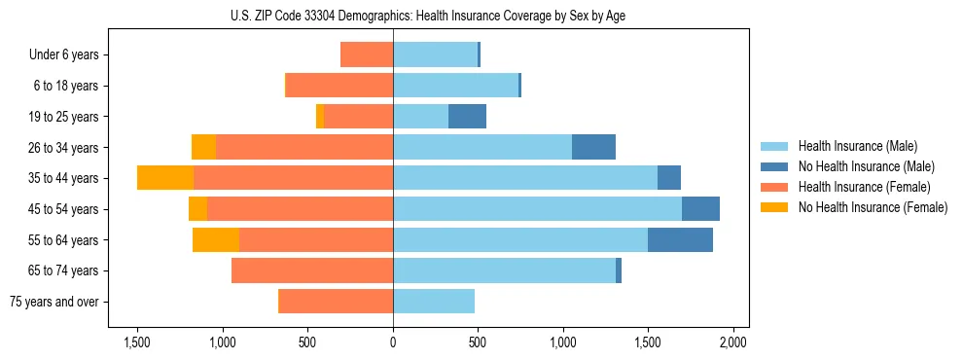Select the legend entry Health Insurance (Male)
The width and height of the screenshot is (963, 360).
click(x=857, y=146)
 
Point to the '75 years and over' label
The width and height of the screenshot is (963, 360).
click(x=54, y=302)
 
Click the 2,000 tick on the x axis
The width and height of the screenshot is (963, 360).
click(x=732, y=342)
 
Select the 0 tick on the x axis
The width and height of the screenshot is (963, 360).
click(x=393, y=342)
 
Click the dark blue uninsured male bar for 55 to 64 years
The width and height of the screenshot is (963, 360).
click(x=680, y=239)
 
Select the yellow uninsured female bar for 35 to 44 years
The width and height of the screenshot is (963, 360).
click(x=165, y=178)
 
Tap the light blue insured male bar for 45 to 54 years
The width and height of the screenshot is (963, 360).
click(x=537, y=209)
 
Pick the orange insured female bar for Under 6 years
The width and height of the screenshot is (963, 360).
click(x=367, y=54)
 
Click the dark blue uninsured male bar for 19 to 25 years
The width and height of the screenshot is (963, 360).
click(x=467, y=117)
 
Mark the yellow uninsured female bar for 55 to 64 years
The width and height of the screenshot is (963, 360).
click(x=216, y=239)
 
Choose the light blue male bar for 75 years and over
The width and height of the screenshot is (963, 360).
click(x=434, y=302)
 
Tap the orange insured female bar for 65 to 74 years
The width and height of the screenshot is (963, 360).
click(x=312, y=270)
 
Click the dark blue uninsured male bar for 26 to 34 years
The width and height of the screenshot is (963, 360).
click(x=593, y=147)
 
